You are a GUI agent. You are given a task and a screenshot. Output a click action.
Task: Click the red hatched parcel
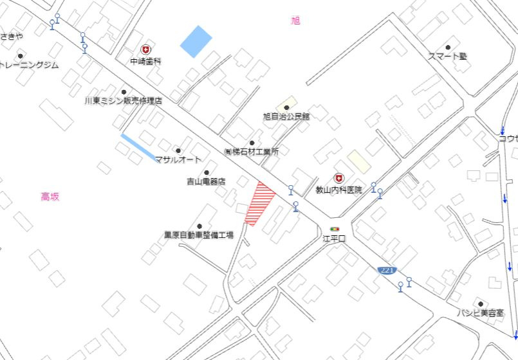259,203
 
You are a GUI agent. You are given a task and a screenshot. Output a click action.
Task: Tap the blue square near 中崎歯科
196,42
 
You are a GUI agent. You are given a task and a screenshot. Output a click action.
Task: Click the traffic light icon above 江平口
334,229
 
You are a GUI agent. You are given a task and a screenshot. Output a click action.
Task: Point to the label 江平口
334,239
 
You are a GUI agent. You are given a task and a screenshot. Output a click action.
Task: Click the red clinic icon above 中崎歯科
145,50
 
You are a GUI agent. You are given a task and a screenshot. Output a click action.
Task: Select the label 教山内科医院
338,190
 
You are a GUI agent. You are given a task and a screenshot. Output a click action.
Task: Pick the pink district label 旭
295,21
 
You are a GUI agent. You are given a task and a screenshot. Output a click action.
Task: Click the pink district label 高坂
50,197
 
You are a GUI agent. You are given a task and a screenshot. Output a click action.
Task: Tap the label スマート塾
447,57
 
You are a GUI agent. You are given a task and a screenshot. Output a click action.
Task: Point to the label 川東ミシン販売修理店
123,101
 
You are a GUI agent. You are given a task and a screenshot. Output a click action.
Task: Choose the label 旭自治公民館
286,116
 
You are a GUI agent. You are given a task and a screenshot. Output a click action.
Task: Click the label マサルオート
178,159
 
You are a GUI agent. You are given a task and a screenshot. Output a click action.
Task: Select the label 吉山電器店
206,181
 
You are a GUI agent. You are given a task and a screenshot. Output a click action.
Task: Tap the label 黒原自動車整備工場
198,235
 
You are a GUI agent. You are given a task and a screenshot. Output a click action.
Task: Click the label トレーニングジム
29,65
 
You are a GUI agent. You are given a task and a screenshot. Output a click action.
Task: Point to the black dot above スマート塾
448,47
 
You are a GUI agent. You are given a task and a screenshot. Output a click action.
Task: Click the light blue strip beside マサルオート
137,147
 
